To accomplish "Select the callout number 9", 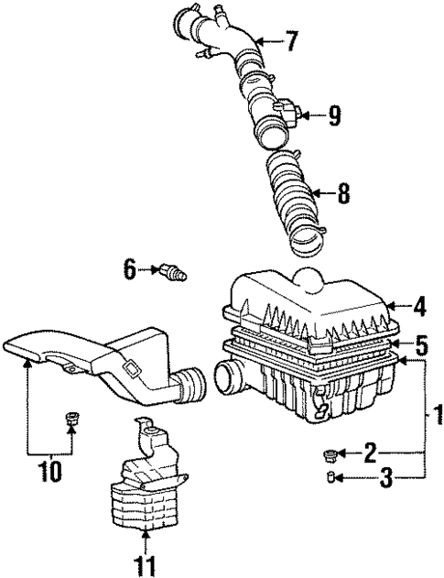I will pyautogui.click(x=334, y=115).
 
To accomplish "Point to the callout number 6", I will pyautogui.click(x=129, y=268).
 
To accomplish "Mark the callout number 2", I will pyautogui.click(x=369, y=451).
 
